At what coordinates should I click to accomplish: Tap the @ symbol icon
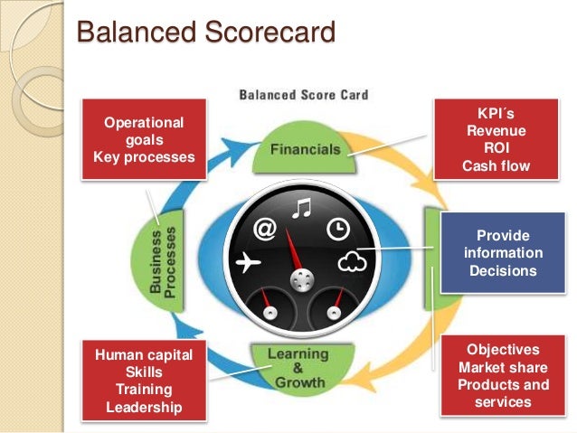(x=265, y=230)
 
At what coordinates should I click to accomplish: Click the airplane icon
(x=247, y=263)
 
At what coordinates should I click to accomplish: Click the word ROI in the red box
(x=496, y=148)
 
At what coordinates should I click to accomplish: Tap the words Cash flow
(x=496, y=166)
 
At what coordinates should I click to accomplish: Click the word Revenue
(x=496, y=131)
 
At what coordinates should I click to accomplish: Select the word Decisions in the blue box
(x=503, y=270)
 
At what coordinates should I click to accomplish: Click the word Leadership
(x=144, y=407)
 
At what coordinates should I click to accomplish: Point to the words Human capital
(x=144, y=354)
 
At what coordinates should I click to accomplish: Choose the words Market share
(x=503, y=368)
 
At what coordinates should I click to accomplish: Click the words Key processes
(x=144, y=157)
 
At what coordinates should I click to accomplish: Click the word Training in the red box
(x=144, y=390)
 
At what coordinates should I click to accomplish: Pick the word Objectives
(x=503, y=350)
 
